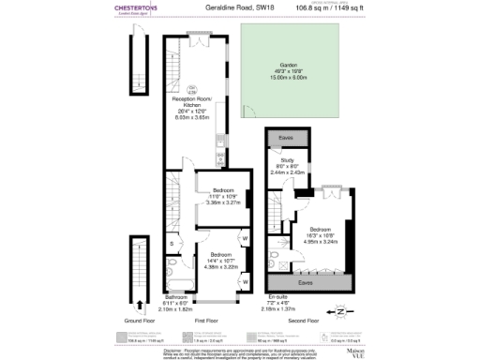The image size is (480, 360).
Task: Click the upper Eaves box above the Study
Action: [x=281, y=139]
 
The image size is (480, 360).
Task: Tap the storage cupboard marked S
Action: [x=172, y=245]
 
